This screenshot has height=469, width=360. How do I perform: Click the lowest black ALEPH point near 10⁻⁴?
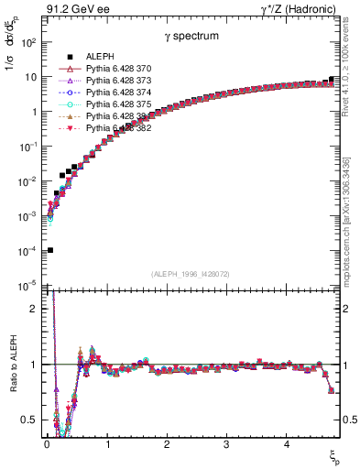(49, 250)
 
